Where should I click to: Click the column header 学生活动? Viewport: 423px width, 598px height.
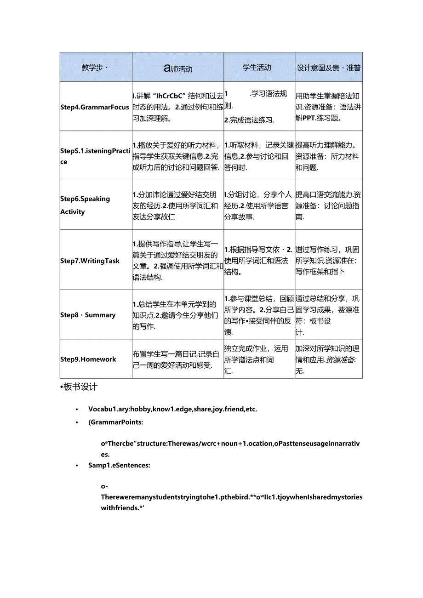click(257, 68)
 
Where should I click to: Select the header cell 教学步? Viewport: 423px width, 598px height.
click(94, 68)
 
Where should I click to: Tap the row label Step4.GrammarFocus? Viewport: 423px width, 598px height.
click(95, 107)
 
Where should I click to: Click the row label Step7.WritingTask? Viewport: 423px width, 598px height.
click(90, 261)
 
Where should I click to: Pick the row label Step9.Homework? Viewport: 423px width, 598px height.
click(88, 359)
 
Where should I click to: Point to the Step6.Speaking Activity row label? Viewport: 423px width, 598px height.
click(86, 205)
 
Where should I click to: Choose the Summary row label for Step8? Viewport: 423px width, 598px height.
click(88, 315)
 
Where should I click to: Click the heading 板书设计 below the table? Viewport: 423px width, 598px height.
click(80, 387)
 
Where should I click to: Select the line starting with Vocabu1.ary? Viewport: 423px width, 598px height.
click(172, 409)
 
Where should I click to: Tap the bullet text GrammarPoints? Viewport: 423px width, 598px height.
click(115, 422)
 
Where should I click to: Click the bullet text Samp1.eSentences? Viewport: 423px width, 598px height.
click(119, 465)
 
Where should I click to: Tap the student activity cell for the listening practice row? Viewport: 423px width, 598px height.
click(259, 156)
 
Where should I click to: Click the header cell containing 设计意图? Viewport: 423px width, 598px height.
click(328, 68)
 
